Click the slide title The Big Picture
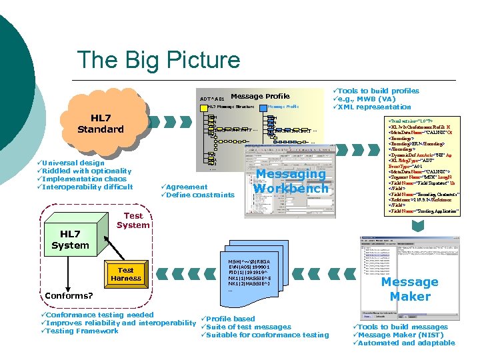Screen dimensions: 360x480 159,60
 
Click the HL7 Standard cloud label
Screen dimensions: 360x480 100,123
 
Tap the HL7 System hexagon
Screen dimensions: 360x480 70,240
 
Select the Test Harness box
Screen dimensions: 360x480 125,275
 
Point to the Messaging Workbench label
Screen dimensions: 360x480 291,181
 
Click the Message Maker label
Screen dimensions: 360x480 409,289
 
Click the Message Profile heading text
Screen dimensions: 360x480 260,96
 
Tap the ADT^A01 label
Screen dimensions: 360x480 212,100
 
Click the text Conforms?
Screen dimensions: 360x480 69,296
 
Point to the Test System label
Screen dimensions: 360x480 133,220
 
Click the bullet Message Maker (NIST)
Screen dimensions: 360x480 400,335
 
